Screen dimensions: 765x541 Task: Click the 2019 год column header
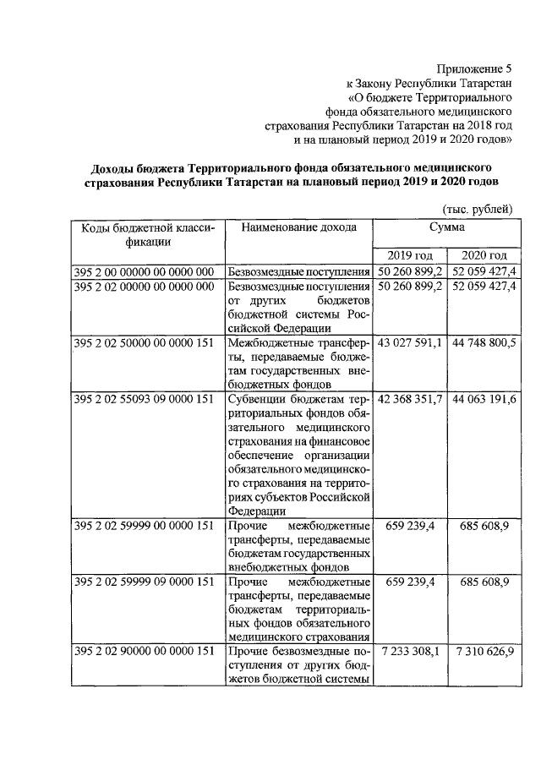(410, 256)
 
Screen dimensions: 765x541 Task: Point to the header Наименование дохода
(298, 227)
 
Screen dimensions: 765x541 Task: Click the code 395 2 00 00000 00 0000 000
(144, 271)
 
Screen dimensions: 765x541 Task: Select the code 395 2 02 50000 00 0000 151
(144, 342)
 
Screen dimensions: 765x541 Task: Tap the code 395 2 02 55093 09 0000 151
(144, 398)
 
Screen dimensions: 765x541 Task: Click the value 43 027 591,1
(410, 342)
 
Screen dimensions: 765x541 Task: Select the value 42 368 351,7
(410, 398)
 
